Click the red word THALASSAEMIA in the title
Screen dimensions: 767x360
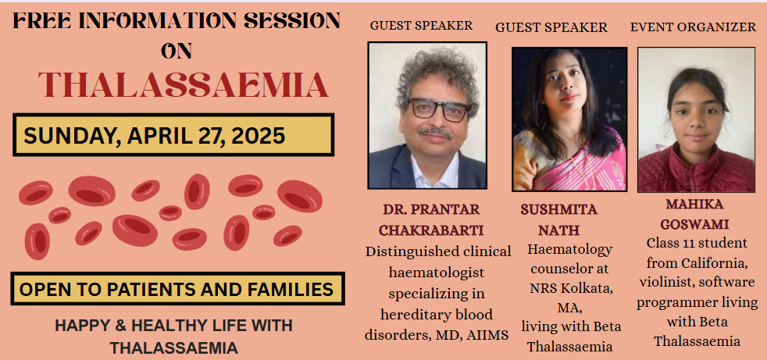pyautogui.click(x=184, y=84)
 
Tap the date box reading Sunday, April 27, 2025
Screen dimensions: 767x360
pyautogui.click(x=173, y=135)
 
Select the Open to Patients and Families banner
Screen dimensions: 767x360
pyautogui.click(x=177, y=289)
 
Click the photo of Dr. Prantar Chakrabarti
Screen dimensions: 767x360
pyautogui.click(x=427, y=116)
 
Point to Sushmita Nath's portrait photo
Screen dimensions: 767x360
pyautogui.click(x=569, y=119)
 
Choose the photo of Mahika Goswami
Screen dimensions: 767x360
pyautogui.click(x=696, y=119)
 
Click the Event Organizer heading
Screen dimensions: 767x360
pyautogui.click(x=693, y=27)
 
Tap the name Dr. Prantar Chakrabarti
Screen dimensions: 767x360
pyautogui.click(x=431, y=219)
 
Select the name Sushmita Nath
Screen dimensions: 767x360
pyautogui.click(x=559, y=219)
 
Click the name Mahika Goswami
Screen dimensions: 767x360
pyautogui.click(x=694, y=214)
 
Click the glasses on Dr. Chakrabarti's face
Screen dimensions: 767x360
pyautogui.click(x=439, y=109)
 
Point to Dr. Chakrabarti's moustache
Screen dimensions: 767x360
pyautogui.click(x=435, y=131)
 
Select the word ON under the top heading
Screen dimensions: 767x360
pyautogui.click(x=177, y=51)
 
